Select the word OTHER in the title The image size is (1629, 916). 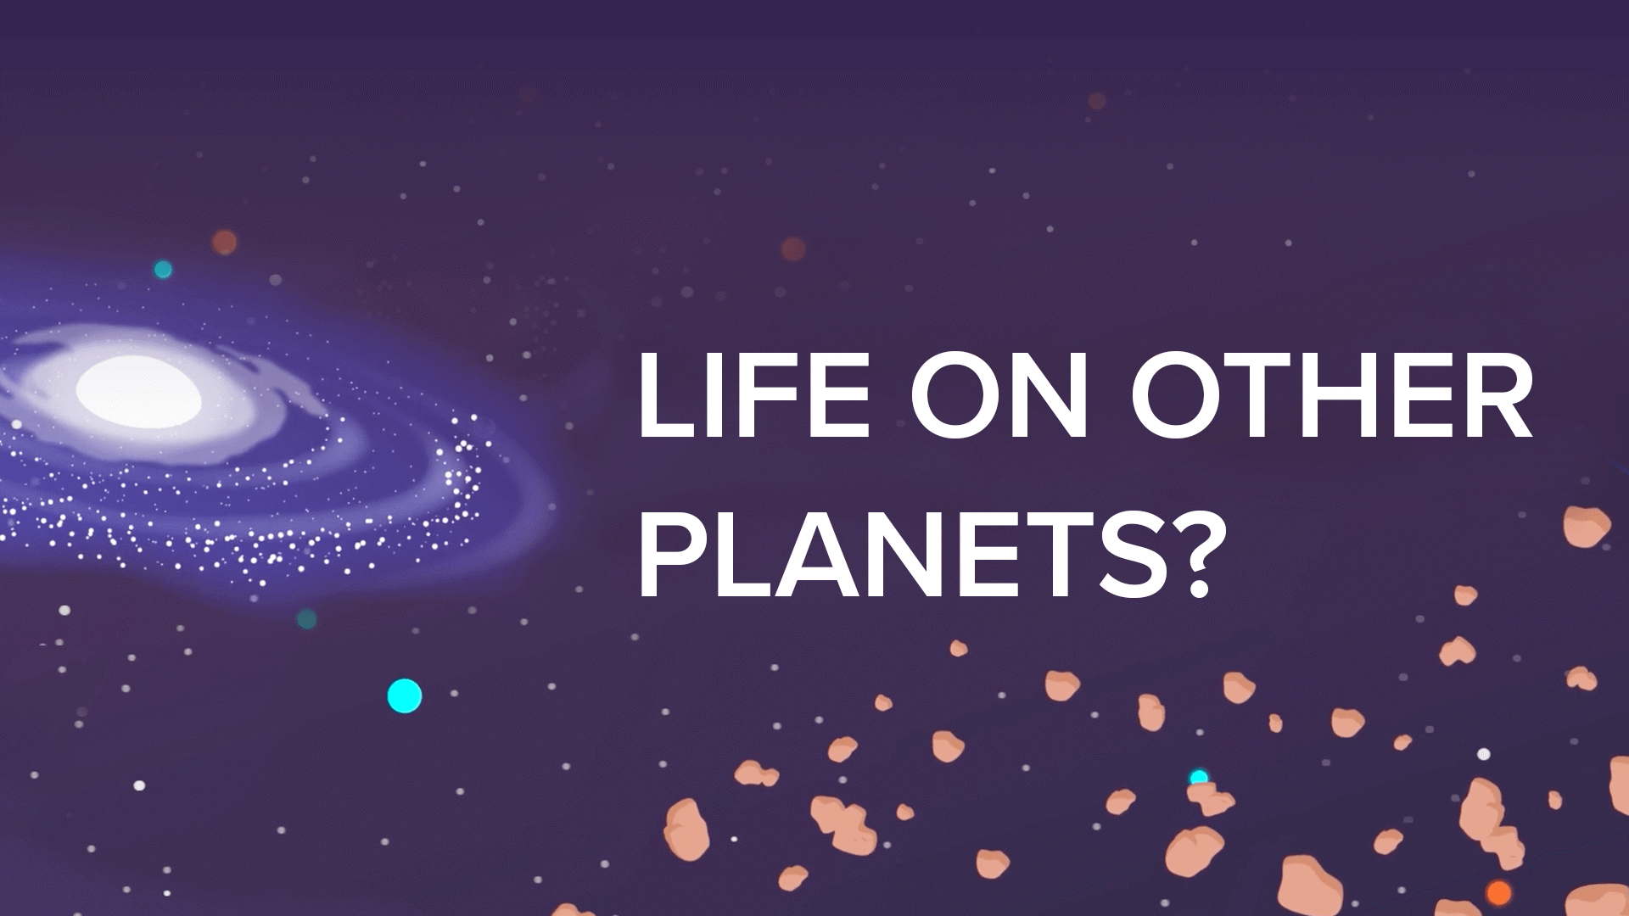point(1330,395)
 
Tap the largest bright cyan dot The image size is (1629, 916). point(405,696)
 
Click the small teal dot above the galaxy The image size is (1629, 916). point(163,270)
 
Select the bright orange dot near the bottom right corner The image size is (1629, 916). point(1499,893)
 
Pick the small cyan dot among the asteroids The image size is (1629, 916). point(1199,777)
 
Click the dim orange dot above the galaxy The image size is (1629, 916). point(224,242)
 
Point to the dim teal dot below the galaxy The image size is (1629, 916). point(307,618)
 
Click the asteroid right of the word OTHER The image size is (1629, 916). point(1587,526)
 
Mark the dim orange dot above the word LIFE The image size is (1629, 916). point(793,249)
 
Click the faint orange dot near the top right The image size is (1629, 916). point(1097,101)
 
